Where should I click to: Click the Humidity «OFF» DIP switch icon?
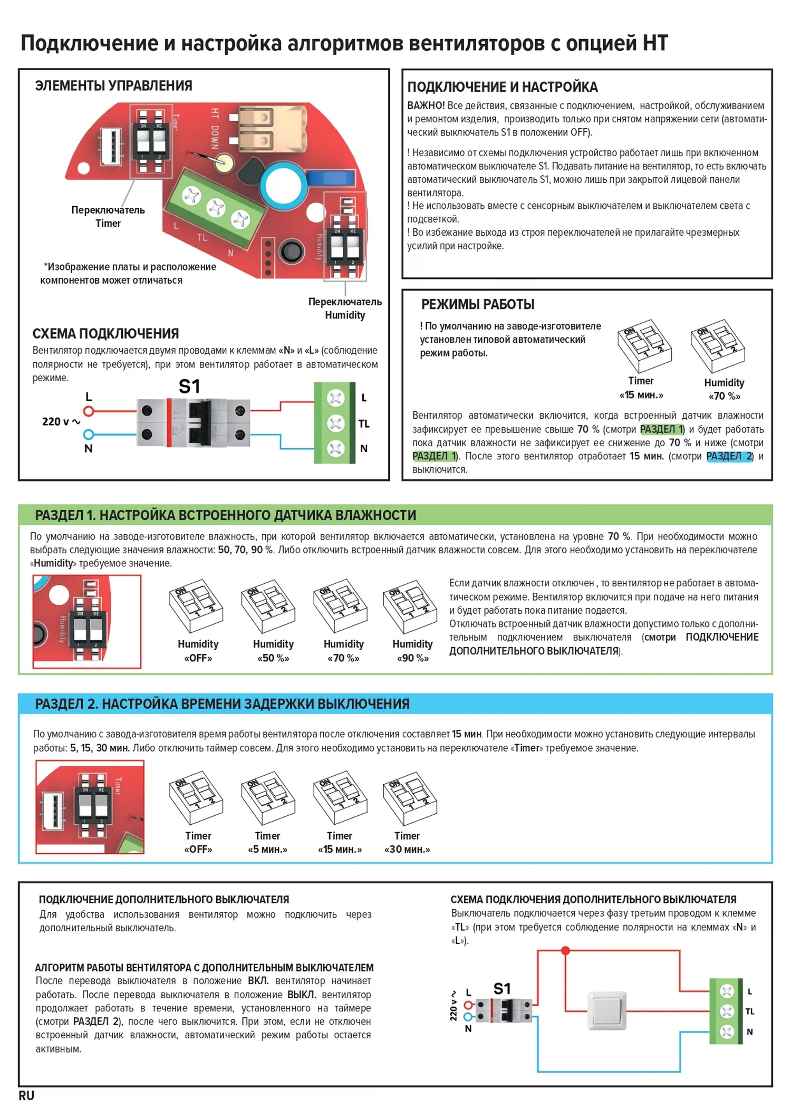click(x=196, y=606)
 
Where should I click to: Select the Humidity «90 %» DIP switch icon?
click(x=410, y=607)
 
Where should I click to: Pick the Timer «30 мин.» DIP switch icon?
click(x=410, y=797)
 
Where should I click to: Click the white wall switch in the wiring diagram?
click(x=607, y=1010)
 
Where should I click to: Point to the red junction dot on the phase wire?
click(x=565, y=950)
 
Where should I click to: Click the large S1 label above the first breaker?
click(x=189, y=387)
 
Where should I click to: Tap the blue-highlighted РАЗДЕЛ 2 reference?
click(x=729, y=456)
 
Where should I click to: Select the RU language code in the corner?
click(x=26, y=1095)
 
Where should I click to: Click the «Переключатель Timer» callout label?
click(x=108, y=216)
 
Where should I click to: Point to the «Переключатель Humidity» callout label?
click(x=345, y=309)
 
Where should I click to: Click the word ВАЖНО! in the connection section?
click(x=426, y=105)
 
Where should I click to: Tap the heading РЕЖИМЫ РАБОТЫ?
click(x=478, y=304)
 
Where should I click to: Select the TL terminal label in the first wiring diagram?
click(x=364, y=423)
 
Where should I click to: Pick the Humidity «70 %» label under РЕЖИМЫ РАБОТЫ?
click(x=724, y=389)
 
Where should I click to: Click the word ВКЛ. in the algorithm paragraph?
click(x=258, y=981)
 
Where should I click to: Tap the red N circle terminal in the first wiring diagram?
click(x=89, y=435)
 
